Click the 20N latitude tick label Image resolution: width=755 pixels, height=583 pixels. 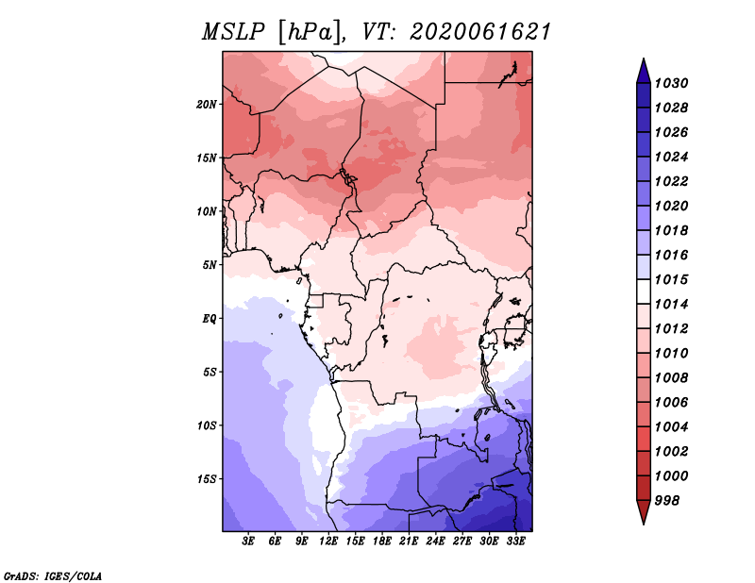point(207,105)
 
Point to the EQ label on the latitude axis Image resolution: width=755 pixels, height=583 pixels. point(210,319)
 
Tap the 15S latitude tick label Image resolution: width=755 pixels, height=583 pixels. point(207,479)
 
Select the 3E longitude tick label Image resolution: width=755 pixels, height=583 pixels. point(248,541)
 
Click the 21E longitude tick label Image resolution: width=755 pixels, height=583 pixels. point(409,541)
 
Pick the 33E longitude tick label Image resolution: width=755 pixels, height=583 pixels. point(515,541)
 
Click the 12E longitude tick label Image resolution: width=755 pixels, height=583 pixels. point(328,541)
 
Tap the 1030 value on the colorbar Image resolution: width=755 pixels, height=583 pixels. point(672,83)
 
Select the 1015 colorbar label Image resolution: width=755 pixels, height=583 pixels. point(672,279)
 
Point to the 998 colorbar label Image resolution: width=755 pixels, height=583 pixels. point(667,501)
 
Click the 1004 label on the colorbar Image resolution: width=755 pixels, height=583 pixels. point(672,427)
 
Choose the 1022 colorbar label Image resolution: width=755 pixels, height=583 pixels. point(672,181)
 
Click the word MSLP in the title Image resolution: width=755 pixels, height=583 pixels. point(233,32)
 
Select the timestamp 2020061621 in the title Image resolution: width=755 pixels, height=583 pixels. point(480,32)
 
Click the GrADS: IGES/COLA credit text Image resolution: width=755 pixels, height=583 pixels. point(53,576)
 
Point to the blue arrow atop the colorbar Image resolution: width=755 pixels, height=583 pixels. point(644,72)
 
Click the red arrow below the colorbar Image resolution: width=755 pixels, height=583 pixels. point(644,511)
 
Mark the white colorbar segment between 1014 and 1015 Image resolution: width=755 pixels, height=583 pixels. point(644,291)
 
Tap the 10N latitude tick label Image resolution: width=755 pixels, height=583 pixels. point(207,211)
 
